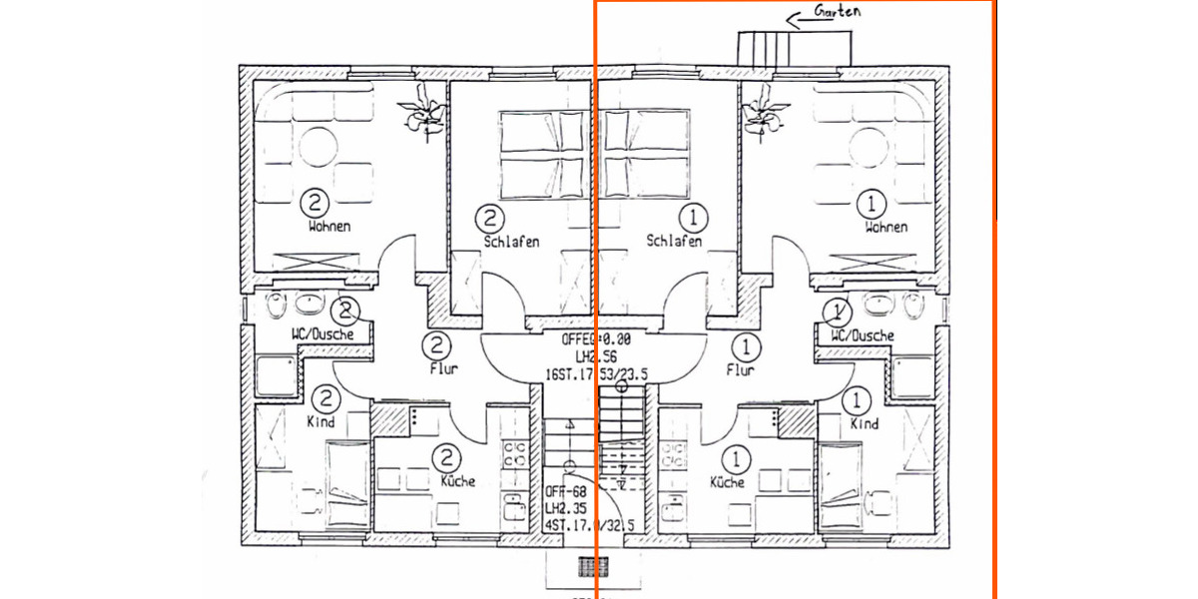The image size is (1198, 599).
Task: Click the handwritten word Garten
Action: [838, 12]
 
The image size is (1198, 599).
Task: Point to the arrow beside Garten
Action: [799, 17]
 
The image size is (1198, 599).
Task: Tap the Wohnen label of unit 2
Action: [329, 227]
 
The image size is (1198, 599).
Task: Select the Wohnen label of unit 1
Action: [887, 227]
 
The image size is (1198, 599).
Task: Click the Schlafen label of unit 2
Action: [511, 242]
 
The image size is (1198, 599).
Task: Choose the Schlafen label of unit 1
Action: [674, 242]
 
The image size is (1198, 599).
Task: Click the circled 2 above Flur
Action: [436, 346]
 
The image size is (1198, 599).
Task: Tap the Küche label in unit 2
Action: [455, 481]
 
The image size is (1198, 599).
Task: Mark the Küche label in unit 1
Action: [727, 482]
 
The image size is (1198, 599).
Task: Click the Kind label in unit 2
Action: [320, 422]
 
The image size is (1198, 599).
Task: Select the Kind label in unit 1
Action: [865, 423]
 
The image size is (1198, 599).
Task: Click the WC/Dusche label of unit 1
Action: [863, 335]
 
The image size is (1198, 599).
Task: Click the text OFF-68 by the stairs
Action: [565, 490]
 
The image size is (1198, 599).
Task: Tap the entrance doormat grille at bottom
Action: [596, 566]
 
